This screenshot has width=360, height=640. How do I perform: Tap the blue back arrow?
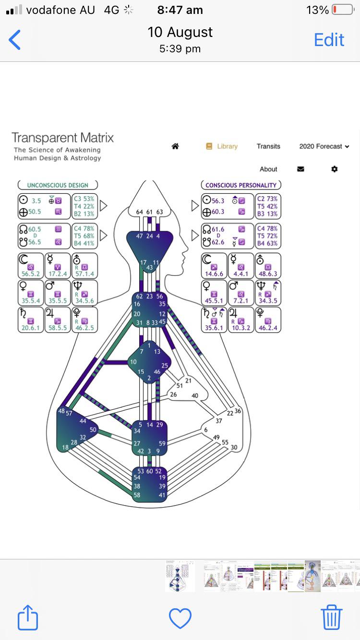15,40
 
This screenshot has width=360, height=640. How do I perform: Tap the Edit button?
329,40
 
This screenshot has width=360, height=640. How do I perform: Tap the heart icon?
180,618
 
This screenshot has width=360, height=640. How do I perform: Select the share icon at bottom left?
28,617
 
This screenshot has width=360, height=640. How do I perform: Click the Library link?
222,146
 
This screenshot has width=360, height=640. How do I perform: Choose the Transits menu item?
268,146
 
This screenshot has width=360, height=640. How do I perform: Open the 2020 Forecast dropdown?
324,146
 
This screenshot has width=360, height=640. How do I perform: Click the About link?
268,169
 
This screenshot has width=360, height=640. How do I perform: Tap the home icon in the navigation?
175,146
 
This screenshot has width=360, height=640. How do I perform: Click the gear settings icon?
335,169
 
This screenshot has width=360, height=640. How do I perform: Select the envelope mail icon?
300,169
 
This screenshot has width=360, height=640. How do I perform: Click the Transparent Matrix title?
62,138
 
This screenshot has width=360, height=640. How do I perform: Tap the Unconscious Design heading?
58,185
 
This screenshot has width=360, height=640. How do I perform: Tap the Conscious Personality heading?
240,185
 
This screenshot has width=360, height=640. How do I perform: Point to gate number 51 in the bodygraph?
180,385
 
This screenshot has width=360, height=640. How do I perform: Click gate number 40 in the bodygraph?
195,395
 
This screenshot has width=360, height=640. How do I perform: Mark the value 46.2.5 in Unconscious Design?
85,328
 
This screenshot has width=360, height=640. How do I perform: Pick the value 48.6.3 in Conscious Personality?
268,274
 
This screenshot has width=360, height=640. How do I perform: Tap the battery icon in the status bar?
342,10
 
